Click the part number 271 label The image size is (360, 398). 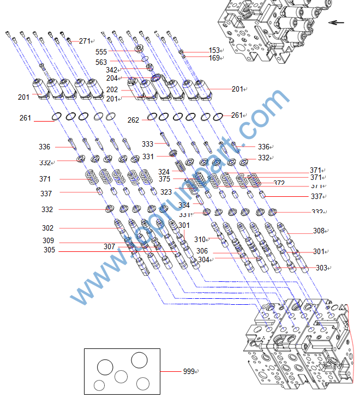point(85,41)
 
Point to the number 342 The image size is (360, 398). point(111,70)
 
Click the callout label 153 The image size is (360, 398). point(214,51)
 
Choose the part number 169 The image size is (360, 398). point(214,58)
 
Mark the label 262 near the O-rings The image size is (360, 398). point(133,120)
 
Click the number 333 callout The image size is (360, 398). point(147,144)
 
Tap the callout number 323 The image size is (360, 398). point(166,192)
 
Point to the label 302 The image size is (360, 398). point(47,228)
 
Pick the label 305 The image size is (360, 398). point(49,251)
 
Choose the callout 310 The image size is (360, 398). point(200,239)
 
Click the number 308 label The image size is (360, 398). point(319,231)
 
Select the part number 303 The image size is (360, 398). point(321,268)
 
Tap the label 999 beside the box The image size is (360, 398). point(189,371)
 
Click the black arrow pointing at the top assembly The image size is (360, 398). point(337,23)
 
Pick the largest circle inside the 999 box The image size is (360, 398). point(139,360)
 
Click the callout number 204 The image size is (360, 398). point(112,79)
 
